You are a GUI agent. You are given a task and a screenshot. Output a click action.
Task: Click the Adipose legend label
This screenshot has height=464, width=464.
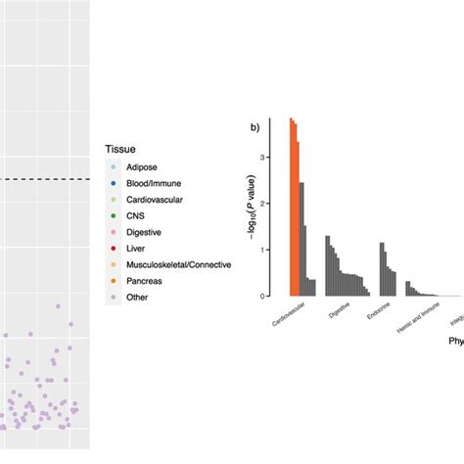[x=142, y=168]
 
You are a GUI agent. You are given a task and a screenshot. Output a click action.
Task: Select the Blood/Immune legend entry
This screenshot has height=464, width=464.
[x=153, y=184]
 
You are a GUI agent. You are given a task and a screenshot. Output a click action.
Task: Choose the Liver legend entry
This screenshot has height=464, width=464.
[x=137, y=249]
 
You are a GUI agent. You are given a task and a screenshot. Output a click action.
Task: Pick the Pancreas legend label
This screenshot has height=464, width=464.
[x=144, y=280]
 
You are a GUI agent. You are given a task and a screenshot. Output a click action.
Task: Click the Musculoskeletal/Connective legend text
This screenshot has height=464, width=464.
[x=179, y=264]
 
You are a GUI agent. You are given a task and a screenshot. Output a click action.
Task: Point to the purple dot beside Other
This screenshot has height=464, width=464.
[x=114, y=297]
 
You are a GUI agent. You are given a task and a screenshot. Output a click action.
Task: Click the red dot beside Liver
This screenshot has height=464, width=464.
[x=114, y=249]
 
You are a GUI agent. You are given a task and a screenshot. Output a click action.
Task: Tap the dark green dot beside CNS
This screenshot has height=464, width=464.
[x=114, y=216]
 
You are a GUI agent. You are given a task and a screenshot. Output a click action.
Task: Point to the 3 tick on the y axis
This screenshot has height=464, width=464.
[x=262, y=158]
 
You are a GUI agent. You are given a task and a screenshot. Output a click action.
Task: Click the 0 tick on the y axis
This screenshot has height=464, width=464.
[x=262, y=296]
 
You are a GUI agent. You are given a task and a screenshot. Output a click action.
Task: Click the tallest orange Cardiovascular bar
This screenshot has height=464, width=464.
[x=291, y=208]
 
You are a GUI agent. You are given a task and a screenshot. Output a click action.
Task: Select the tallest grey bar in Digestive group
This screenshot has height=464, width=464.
[x=327, y=265]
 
